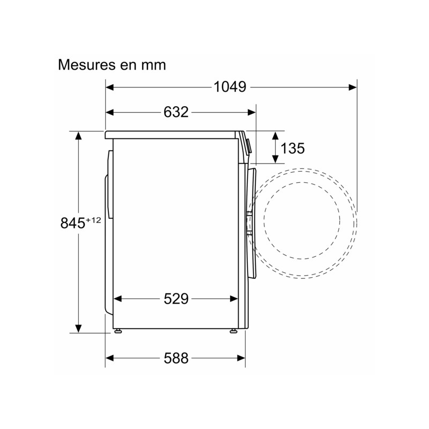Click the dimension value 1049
(230, 87)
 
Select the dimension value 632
(176, 112)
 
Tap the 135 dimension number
(292, 149)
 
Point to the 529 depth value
(176, 299)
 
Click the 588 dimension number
(176, 358)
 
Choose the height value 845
(73, 223)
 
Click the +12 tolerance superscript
(93, 220)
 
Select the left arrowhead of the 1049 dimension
(110, 87)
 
